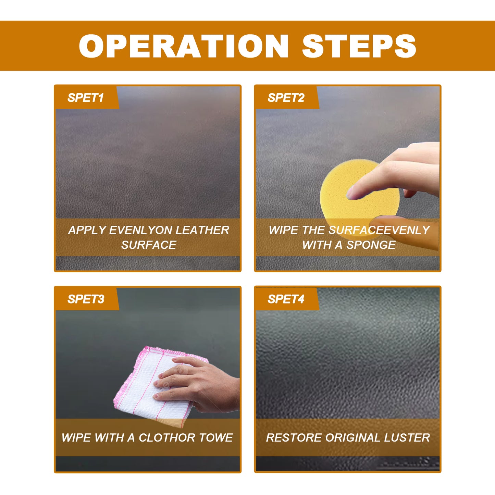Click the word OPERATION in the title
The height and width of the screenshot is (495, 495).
click(184, 46)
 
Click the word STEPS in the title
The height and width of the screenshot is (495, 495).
click(359, 46)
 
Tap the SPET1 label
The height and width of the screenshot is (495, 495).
click(85, 98)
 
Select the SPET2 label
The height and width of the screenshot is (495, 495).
click(286, 98)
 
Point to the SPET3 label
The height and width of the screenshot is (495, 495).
click(86, 299)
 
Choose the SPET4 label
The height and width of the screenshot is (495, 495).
click(286, 299)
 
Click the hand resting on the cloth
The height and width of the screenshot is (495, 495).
click(199, 384)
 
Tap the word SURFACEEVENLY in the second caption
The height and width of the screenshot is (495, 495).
click(379, 230)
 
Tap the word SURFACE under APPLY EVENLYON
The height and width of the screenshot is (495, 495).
click(149, 245)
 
